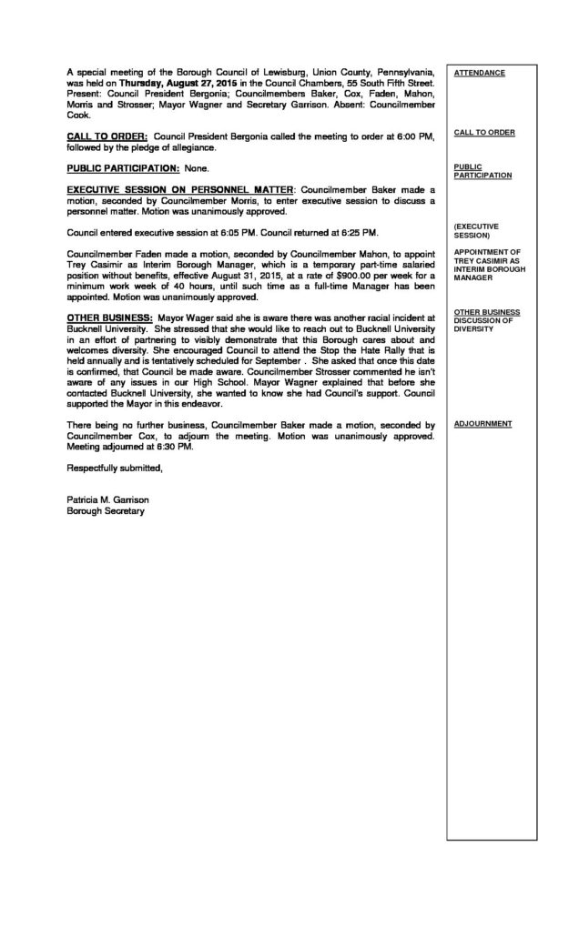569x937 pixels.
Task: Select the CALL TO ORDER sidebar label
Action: [484, 132]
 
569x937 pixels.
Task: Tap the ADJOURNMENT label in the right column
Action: [483, 424]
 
